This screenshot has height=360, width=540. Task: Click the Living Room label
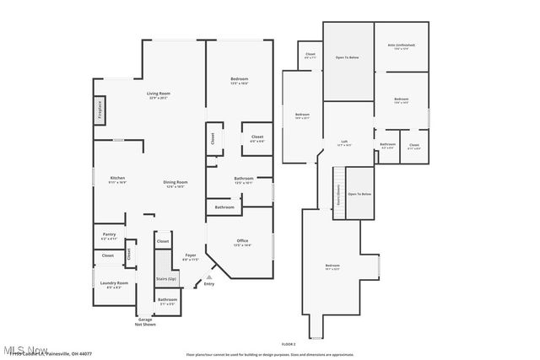[x=159, y=94]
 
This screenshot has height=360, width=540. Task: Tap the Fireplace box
[x=99, y=113]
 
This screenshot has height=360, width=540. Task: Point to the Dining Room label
[x=175, y=184]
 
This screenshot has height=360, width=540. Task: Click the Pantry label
[x=109, y=236]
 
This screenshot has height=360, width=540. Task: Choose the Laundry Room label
[x=113, y=284]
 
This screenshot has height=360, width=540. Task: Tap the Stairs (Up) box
[x=166, y=279]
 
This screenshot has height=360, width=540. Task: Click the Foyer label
[x=191, y=256]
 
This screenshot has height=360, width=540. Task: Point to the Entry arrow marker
[x=208, y=276]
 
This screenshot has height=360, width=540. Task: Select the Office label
[x=242, y=242]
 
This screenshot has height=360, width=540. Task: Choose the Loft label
[x=344, y=143]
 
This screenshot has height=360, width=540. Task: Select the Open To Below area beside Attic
[x=348, y=58]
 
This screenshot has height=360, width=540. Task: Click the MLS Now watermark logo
[x=25, y=350]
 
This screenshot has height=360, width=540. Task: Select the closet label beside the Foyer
[x=162, y=241]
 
